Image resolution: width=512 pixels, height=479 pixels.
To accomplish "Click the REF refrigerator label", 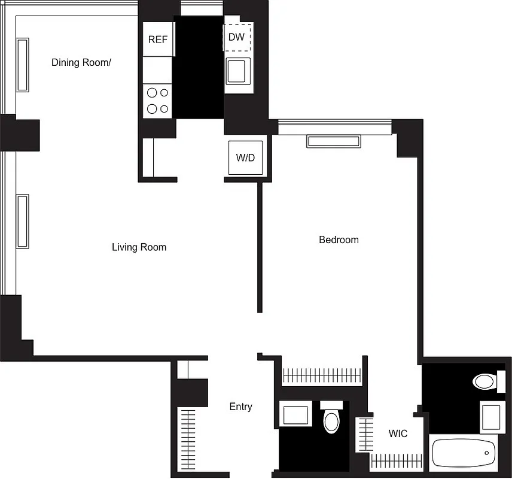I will point(158,40).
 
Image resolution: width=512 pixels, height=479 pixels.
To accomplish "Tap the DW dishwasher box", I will point(236,37).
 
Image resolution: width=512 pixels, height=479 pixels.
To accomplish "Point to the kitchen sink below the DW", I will point(237,72).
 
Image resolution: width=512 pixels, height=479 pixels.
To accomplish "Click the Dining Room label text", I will point(81,62).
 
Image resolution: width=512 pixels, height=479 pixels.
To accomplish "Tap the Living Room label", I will point(139,247).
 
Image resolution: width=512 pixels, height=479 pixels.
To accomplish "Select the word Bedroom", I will point(339,239).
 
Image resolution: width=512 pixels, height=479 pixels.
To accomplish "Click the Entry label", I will point(240,407).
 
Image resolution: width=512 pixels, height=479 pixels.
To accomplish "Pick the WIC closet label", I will point(398,433).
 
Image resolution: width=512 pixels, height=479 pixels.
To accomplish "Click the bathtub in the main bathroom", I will point(464,455).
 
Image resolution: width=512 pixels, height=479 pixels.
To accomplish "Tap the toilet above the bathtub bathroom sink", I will point(484,381).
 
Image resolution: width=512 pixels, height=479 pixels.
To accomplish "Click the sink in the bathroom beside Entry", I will point(295,415).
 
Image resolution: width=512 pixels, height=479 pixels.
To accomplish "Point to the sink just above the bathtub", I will point(491,416).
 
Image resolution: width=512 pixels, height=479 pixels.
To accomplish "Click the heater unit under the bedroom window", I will point(333,141).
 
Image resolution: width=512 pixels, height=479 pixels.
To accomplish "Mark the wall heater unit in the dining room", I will point(23,65).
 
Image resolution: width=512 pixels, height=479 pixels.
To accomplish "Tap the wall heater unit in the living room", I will point(23,220).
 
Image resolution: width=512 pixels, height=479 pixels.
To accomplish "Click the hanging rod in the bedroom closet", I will point(322,375).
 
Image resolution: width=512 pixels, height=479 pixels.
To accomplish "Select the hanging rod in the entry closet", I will point(188,439).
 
